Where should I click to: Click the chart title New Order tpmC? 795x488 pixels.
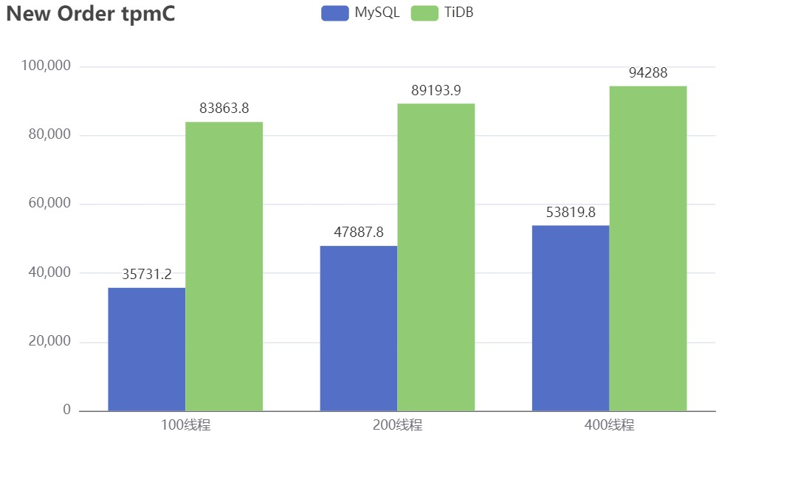click(x=91, y=14)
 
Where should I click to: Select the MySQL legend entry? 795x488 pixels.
click(x=361, y=13)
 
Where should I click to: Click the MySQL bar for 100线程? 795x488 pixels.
click(x=147, y=349)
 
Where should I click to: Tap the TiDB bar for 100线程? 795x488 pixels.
click(x=224, y=266)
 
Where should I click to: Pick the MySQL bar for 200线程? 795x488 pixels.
click(x=359, y=329)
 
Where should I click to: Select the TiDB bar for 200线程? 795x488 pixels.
click(x=436, y=257)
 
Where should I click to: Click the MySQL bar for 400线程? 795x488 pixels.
click(x=571, y=318)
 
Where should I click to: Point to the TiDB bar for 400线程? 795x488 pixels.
click(x=648, y=248)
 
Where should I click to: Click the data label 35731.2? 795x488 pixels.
click(x=147, y=275)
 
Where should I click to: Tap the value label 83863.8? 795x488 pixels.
click(x=224, y=109)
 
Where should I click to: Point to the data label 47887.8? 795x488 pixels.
click(x=359, y=233)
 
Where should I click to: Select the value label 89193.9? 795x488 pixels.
click(x=436, y=91)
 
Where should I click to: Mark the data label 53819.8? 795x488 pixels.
click(x=571, y=213)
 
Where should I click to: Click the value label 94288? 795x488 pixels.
click(x=648, y=73)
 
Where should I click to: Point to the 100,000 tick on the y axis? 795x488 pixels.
click(x=46, y=66)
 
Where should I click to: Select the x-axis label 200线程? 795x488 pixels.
click(x=397, y=425)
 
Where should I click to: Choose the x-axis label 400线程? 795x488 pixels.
click(x=609, y=425)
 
